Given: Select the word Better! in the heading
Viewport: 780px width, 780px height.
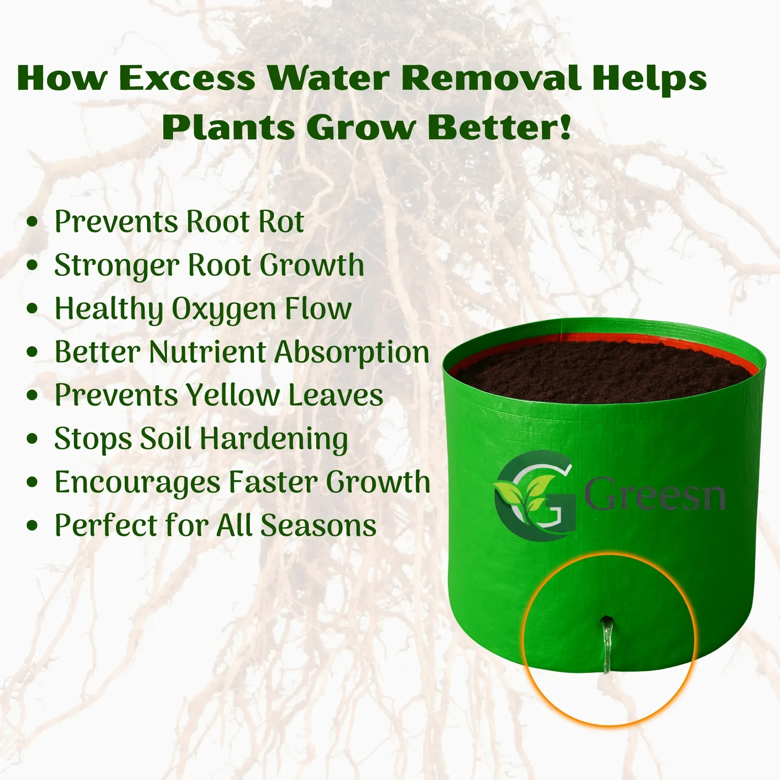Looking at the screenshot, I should click(x=499, y=128).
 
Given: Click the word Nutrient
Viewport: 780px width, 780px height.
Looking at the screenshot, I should click(x=208, y=352).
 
